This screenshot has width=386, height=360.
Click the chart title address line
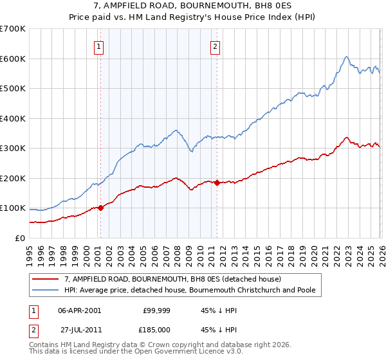193,6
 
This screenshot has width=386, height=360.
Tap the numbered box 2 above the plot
215,46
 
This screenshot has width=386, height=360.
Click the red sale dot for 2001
100,208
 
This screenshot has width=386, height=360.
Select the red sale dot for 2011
217,183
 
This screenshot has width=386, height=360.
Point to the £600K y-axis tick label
13,59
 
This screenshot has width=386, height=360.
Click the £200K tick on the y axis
13,178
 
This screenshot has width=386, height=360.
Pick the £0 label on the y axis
19,238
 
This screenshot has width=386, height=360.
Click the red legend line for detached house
45,280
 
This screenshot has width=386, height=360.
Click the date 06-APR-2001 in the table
79,310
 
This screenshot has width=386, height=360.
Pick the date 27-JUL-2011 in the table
79,328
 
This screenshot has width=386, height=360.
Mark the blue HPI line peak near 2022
346,57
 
